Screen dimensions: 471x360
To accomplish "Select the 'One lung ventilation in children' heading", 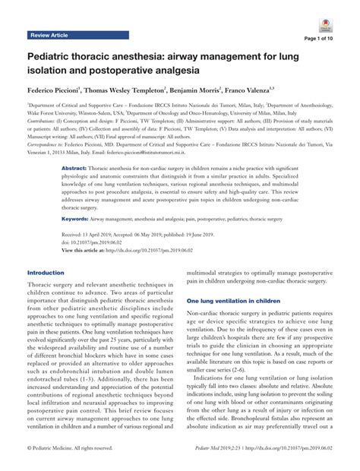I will [x=233, y=300].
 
